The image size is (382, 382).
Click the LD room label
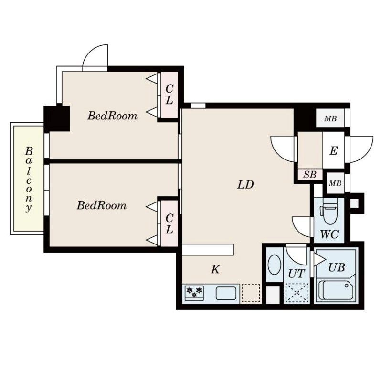pos(245,185)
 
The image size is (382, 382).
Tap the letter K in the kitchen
pos(215,269)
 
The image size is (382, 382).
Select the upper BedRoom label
pos(112,116)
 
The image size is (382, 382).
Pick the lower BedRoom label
pos(102,206)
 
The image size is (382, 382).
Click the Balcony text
pos(29,180)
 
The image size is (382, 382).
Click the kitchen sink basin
pos(226,293)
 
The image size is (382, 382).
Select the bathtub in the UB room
pos(336,290)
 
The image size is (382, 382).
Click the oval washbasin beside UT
pos(274,265)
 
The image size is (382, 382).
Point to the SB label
pos(310,174)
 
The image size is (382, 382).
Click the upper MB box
pos(330,118)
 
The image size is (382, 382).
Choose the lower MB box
pos(335,183)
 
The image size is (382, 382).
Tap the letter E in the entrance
pos(333,151)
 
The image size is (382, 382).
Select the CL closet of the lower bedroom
pos(170,223)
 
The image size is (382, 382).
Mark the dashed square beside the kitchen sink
pos(250,293)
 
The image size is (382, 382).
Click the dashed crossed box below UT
pos(297,293)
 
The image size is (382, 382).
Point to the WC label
pos(329,234)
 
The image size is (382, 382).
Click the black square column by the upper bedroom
pos(57,118)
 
